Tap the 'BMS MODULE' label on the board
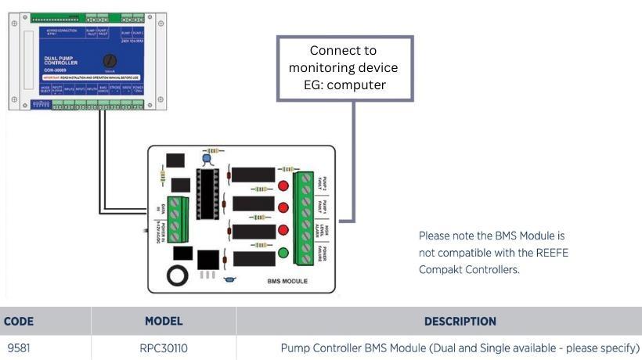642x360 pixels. (288, 280)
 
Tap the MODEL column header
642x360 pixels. (164, 321)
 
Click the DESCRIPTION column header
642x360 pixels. (460, 321)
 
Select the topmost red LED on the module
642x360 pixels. (283, 186)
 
